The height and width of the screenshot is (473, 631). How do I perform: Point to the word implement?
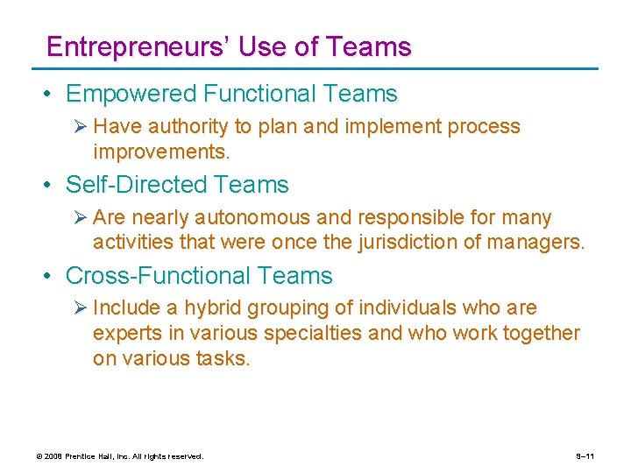coord(393,126)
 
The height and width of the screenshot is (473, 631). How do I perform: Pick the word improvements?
coord(161,152)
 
